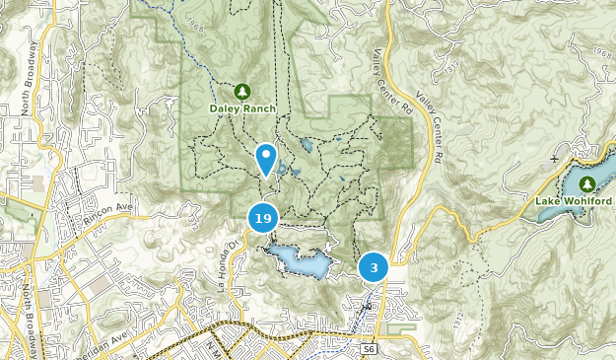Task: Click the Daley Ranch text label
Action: [x=241, y=108]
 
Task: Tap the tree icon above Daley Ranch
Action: [x=241, y=92]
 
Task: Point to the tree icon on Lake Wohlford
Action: [x=587, y=183]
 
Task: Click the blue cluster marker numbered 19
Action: [x=262, y=218]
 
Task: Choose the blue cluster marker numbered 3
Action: [x=374, y=267]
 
